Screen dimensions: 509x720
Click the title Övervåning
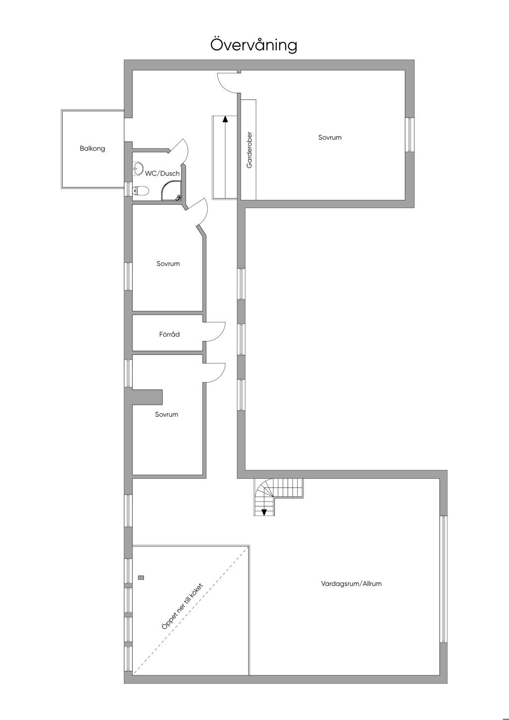point(254,45)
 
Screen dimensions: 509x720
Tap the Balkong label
point(92,149)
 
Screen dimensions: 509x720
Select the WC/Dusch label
point(162,174)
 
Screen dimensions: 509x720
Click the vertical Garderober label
point(250,150)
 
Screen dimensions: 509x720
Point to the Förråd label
point(170,334)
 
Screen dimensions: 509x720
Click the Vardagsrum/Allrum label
point(351,583)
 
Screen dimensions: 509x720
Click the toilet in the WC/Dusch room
point(141,191)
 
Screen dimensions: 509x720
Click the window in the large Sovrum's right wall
point(410,134)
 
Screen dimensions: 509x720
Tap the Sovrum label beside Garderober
point(330,137)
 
